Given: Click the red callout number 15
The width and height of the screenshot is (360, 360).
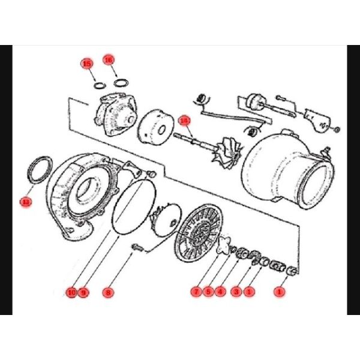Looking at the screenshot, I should (x=88, y=63).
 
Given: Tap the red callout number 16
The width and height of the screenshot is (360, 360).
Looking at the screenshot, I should (x=109, y=60).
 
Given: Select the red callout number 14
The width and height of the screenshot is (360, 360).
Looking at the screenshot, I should (x=185, y=120).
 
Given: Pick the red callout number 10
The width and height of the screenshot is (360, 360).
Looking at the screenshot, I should (x=71, y=292).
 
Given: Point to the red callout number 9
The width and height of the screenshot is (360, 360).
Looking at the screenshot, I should (x=83, y=292).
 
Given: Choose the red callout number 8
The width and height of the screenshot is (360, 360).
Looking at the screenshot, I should (x=108, y=292).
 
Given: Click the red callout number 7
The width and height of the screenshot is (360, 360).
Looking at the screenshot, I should (x=196, y=292).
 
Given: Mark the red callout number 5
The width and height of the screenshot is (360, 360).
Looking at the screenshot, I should (x=208, y=292).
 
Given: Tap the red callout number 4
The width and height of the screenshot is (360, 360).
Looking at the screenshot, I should (x=221, y=292).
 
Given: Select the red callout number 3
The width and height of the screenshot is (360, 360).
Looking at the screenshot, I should (x=237, y=292).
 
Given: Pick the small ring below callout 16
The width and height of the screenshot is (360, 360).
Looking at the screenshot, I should (x=121, y=82).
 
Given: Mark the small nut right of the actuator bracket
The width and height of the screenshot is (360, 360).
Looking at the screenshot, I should (x=337, y=130).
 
